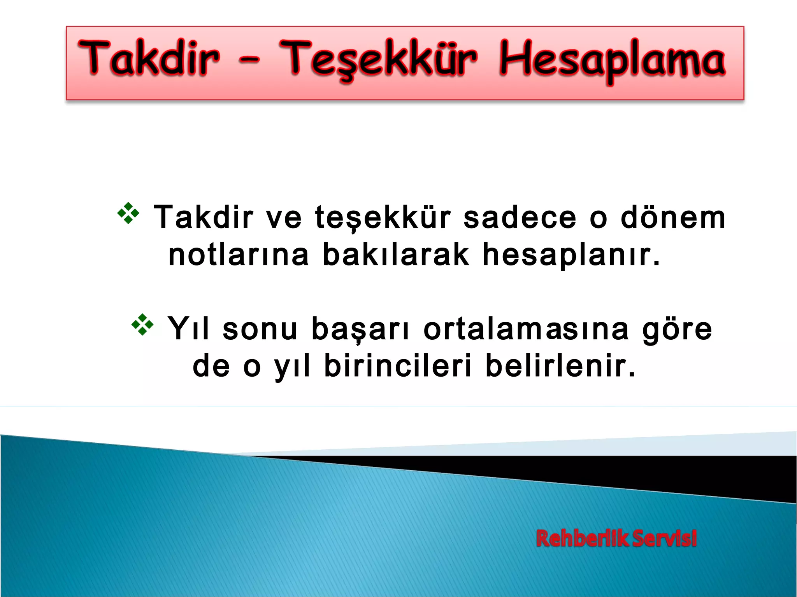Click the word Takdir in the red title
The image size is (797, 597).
(149, 58)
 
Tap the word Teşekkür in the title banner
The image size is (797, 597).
(377, 59)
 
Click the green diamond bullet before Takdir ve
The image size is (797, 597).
(128, 213)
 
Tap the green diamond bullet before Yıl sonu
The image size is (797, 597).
(142, 325)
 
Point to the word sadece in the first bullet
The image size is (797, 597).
(520, 217)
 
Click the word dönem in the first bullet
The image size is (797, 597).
(673, 217)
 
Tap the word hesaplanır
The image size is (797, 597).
(571, 255)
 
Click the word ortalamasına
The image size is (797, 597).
(526, 328)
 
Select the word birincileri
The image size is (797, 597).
(398, 366)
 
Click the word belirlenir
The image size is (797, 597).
(560, 366)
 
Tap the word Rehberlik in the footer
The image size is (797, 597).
(582, 539)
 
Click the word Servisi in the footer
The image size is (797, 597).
(664, 539)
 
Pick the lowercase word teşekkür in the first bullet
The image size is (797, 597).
(383, 218)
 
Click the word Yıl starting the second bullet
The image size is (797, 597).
(188, 328)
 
